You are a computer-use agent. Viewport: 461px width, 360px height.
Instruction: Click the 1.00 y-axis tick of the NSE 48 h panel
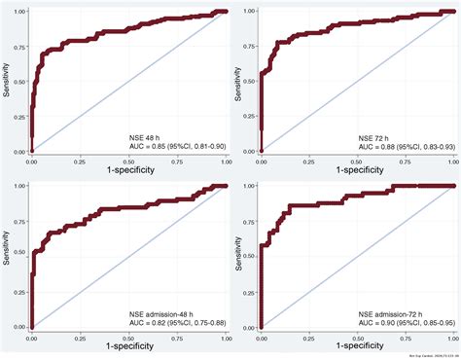[20, 12]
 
